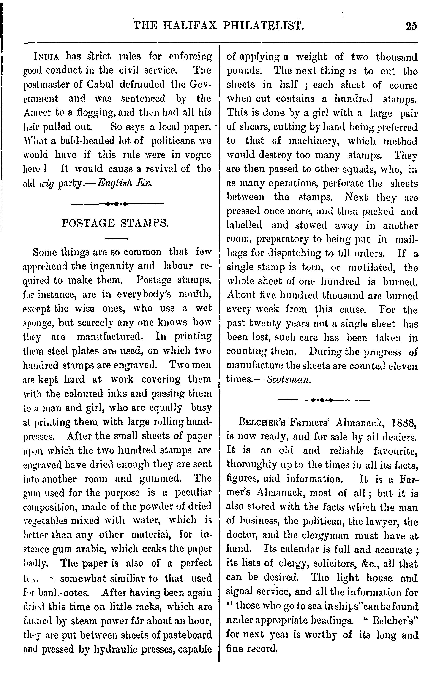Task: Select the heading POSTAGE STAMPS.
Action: click(x=115, y=223)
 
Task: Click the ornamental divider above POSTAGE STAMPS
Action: click(x=117, y=204)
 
